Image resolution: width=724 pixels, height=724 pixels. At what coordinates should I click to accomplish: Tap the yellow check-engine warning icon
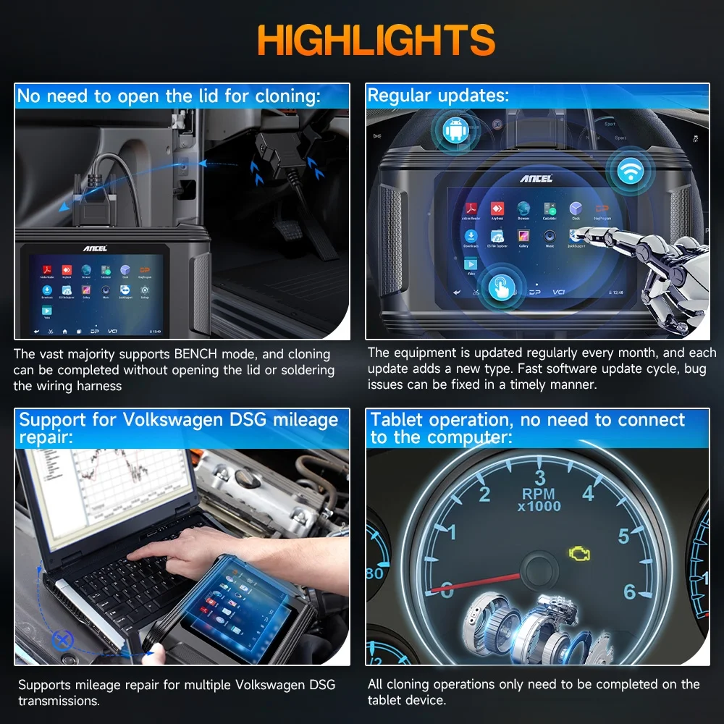(x=578, y=554)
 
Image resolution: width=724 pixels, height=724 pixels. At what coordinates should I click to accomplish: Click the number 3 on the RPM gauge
(x=539, y=477)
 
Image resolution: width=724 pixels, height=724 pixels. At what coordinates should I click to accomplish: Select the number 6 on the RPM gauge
(x=629, y=592)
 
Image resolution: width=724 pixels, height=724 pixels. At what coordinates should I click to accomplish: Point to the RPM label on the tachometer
(x=539, y=494)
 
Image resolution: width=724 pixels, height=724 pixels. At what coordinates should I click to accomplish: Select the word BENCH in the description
(x=199, y=355)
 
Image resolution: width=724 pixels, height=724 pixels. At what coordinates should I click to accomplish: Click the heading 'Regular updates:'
(x=439, y=96)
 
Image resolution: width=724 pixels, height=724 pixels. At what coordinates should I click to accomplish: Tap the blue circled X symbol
(x=63, y=639)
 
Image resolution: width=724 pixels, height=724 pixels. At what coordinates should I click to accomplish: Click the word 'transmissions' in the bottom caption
(x=58, y=701)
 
